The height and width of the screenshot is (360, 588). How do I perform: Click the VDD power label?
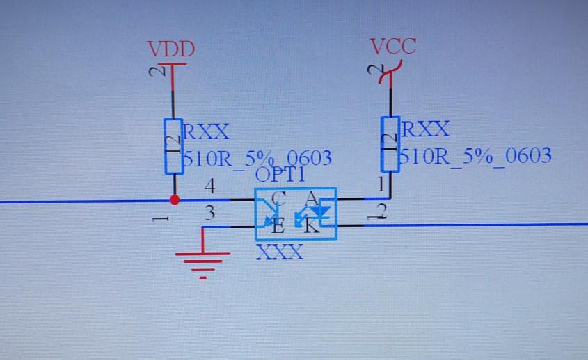point(170,49)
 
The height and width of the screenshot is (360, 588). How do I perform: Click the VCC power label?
point(392,47)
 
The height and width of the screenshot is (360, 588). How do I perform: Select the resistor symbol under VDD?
point(173,146)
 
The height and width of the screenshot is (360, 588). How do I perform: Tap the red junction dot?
point(175,200)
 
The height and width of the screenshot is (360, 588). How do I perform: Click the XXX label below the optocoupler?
point(280,252)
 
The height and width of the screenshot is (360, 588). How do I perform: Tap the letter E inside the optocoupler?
point(278,225)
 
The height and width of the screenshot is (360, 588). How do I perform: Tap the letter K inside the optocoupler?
point(311,225)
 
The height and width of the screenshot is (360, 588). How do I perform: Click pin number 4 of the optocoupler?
point(209,187)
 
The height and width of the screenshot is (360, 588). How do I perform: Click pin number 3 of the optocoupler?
point(209,214)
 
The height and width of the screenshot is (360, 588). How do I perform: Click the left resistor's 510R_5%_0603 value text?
point(256,158)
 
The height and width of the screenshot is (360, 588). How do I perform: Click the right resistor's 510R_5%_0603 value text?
point(476,155)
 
